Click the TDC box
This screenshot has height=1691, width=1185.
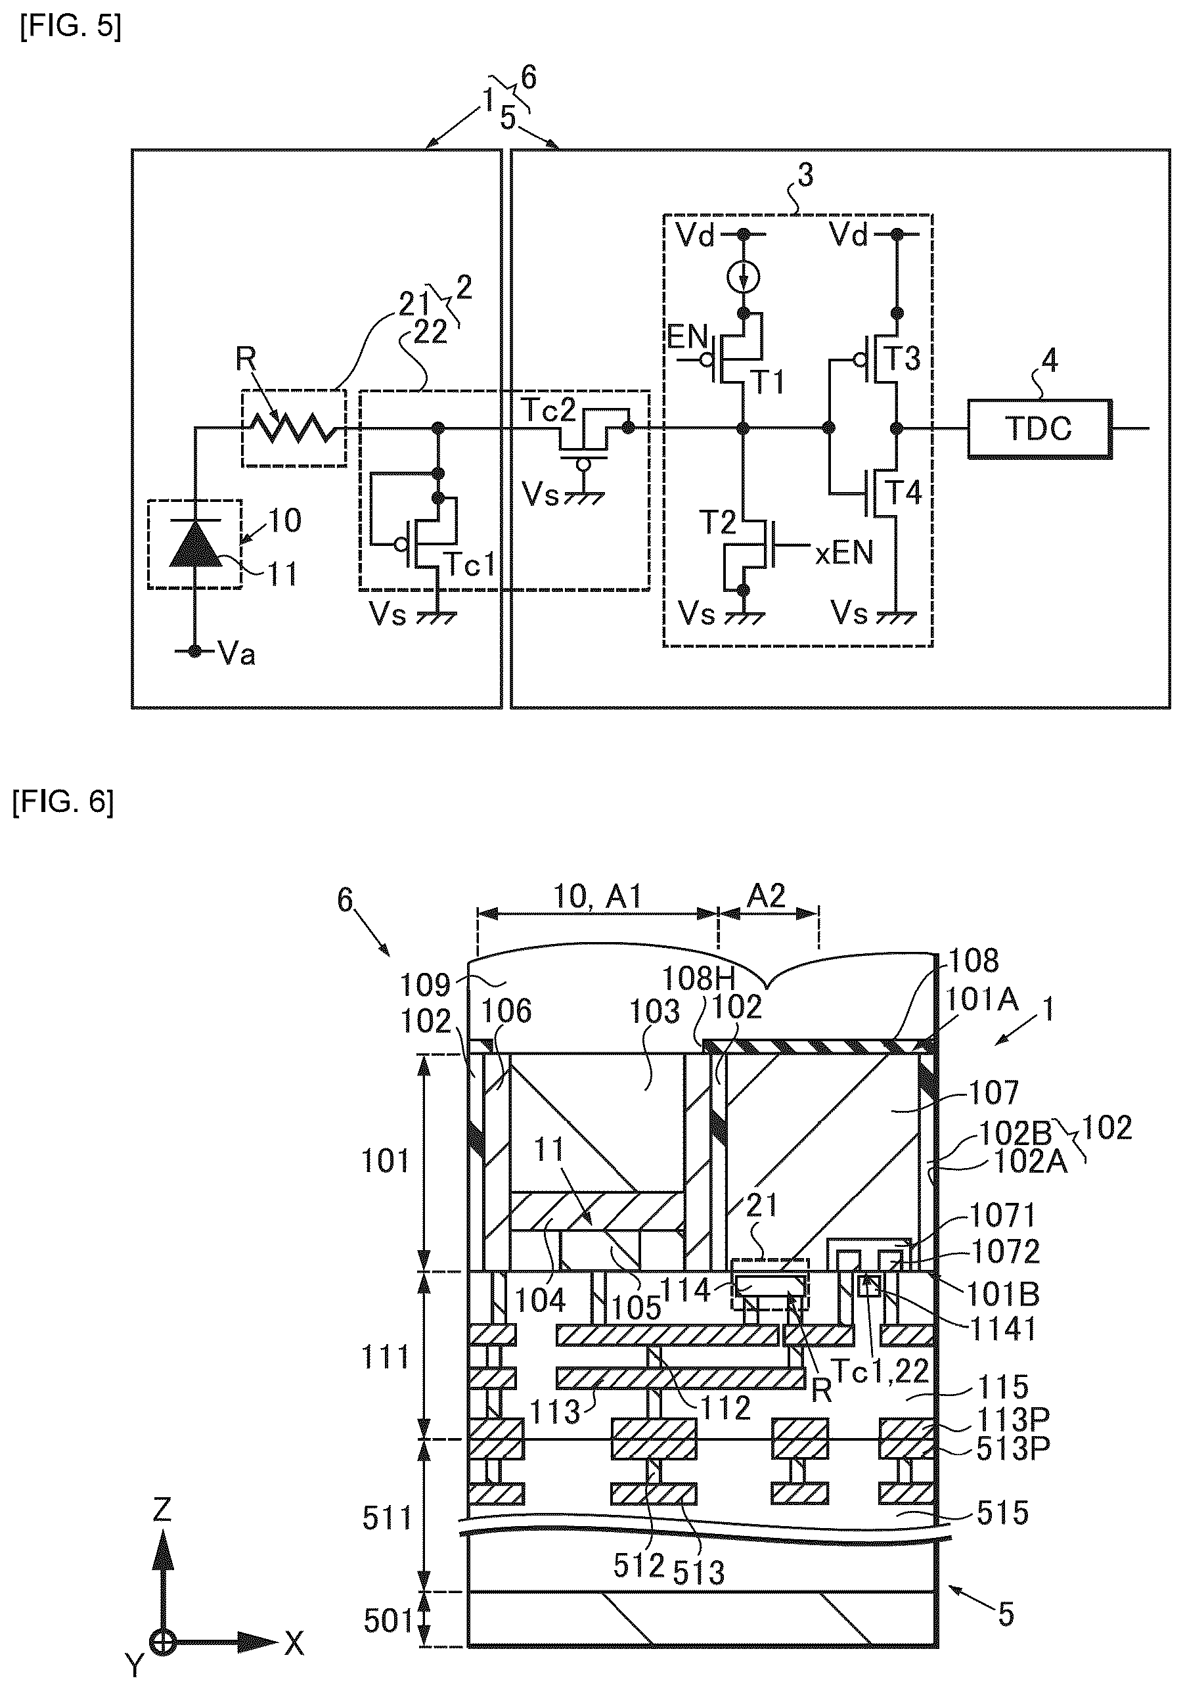coord(1039,428)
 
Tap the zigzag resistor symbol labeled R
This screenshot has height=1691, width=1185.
coord(294,428)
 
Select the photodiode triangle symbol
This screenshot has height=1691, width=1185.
coord(195,543)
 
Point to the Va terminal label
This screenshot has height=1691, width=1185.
coord(236,653)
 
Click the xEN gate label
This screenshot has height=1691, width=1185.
coord(844,552)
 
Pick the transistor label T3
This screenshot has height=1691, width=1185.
coord(902,359)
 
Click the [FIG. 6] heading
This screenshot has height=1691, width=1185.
coord(63,801)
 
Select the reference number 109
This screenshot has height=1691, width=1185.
coord(426,984)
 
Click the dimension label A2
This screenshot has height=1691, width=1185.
coord(767,895)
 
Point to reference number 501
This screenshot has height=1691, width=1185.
coord(388,1620)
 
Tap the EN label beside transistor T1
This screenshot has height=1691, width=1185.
coord(687,336)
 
